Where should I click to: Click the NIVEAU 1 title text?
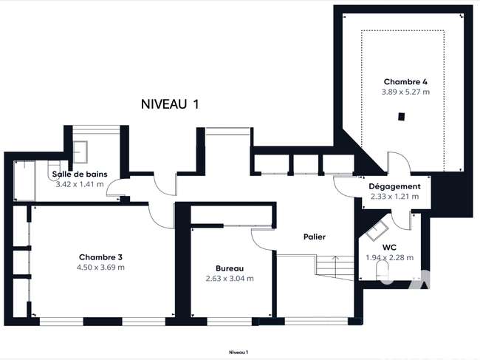click(170, 104)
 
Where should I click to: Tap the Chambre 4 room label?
click(405, 82)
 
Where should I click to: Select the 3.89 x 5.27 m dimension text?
click(405, 92)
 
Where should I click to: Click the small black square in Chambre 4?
click(401, 117)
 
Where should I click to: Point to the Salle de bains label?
click(80, 174)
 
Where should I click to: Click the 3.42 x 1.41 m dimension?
click(80, 184)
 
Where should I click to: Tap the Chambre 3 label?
click(100, 257)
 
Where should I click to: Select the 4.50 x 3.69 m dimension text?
click(100, 267)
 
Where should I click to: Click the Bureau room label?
click(230, 268)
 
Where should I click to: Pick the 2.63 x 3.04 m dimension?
click(230, 279)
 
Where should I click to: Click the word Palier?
click(315, 237)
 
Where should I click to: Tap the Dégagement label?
click(394, 186)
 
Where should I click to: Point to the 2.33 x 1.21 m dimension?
click(394, 197)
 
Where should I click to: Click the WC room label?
click(389, 247)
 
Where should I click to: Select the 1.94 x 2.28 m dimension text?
click(390, 258)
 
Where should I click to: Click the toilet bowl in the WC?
click(383, 271)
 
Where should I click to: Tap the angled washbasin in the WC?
click(377, 231)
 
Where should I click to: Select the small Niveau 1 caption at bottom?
click(239, 353)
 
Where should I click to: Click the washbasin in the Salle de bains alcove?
click(80, 152)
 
